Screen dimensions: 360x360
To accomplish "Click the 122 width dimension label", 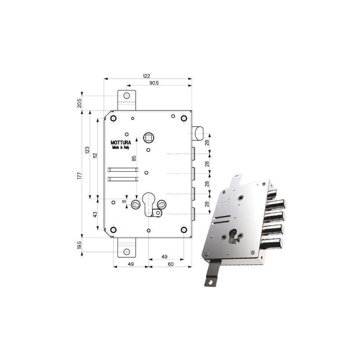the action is tap(147, 76).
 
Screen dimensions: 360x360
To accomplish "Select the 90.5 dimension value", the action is tap(154, 83).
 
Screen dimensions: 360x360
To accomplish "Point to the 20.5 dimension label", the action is tap(80, 103).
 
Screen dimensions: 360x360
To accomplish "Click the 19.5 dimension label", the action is tap(80, 245).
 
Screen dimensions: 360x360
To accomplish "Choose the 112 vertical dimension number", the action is tap(95, 156).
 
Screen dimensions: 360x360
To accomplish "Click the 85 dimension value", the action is tap(134, 158).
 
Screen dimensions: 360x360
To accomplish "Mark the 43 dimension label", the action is tap(95, 215).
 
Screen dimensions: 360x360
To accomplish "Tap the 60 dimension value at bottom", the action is tap(171, 264).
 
